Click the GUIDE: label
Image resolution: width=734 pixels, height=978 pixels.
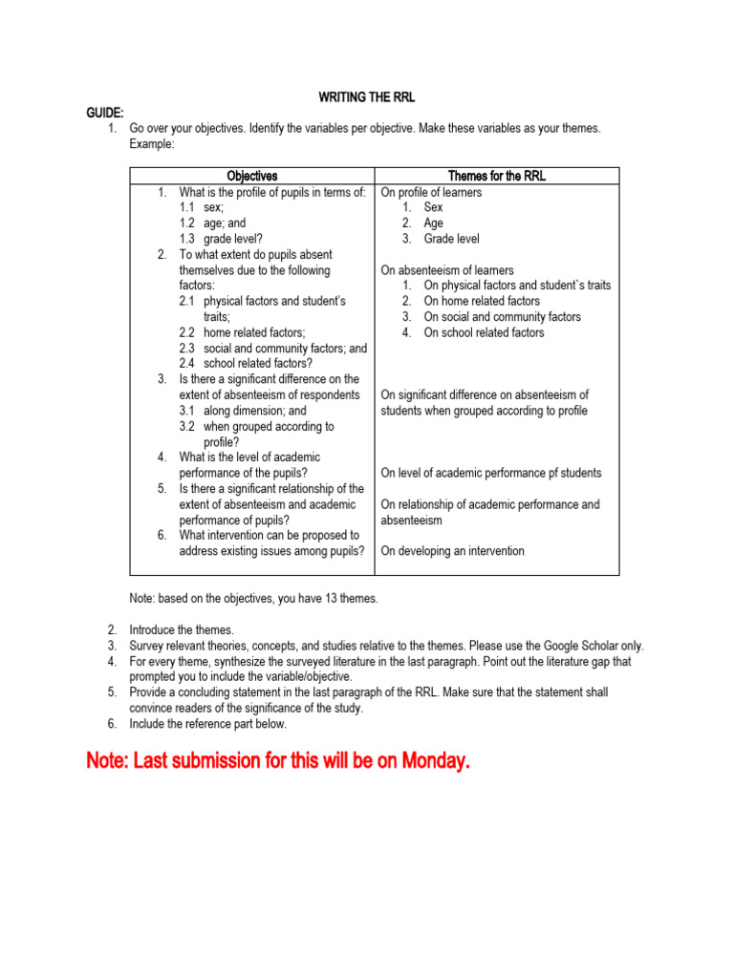point(106,113)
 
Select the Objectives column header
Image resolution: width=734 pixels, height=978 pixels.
point(252,176)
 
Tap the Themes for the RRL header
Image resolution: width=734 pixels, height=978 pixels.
point(497,176)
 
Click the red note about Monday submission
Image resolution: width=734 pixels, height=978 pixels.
point(278,761)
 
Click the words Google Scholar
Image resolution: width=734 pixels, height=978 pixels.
point(586,646)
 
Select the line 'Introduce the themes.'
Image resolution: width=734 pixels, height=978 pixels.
point(182,630)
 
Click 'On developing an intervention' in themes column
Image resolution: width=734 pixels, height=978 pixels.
point(452,551)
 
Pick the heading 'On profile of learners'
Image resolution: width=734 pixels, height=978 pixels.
point(431,192)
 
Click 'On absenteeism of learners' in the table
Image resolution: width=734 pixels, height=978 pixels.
point(447,270)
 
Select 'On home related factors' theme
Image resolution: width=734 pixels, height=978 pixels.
point(482,301)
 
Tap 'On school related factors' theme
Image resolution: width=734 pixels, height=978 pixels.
point(484,332)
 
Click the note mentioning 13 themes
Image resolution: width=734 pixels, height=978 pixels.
point(253,599)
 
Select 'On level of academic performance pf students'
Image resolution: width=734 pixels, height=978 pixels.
point(491,473)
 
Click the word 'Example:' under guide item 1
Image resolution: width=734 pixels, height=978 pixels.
point(152,143)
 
